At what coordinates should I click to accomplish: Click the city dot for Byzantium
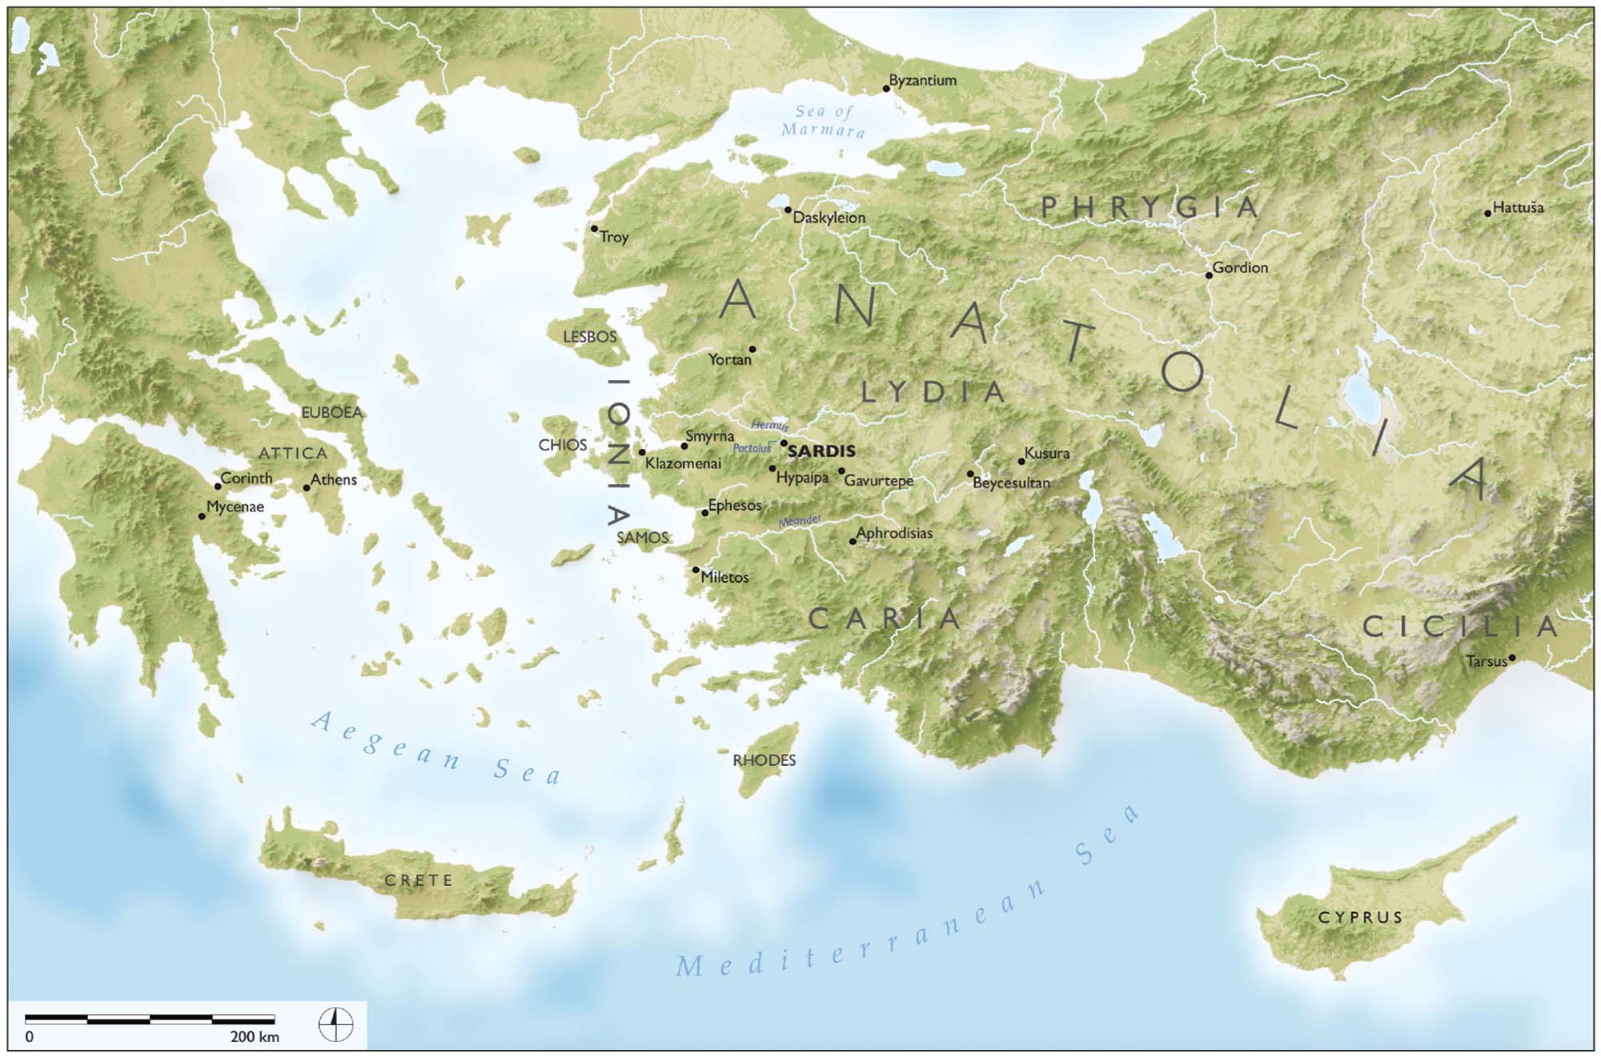click(x=886, y=89)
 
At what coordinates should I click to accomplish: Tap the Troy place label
click(x=615, y=237)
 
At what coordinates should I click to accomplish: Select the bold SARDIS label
click(x=821, y=451)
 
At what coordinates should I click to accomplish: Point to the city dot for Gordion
click(x=1209, y=275)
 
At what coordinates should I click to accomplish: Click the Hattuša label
click(x=1518, y=208)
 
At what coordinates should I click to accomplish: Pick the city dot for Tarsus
click(x=1511, y=658)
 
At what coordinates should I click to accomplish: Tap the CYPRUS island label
click(x=1361, y=917)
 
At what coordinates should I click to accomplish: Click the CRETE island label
click(x=419, y=880)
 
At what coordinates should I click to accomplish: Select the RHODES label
click(x=764, y=760)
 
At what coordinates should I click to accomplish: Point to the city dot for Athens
click(x=307, y=487)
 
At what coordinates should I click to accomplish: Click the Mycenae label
click(x=235, y=507)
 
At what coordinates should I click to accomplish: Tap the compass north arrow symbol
click(x=335, y=1024)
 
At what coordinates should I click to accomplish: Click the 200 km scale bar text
click(x=255, y=1037)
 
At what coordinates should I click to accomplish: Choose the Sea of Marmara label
click(x=824, y=121)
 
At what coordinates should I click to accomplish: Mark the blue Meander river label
click(x=800, y=521)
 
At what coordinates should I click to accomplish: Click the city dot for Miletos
click(x=696, y=570)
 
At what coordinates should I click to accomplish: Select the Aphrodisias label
click(x=894, y=533)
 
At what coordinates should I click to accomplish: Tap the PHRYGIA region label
click(x=1150, y=208)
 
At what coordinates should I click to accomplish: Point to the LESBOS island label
click(x=590, y=337)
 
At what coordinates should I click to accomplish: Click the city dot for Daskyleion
click(x=788, y=210)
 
